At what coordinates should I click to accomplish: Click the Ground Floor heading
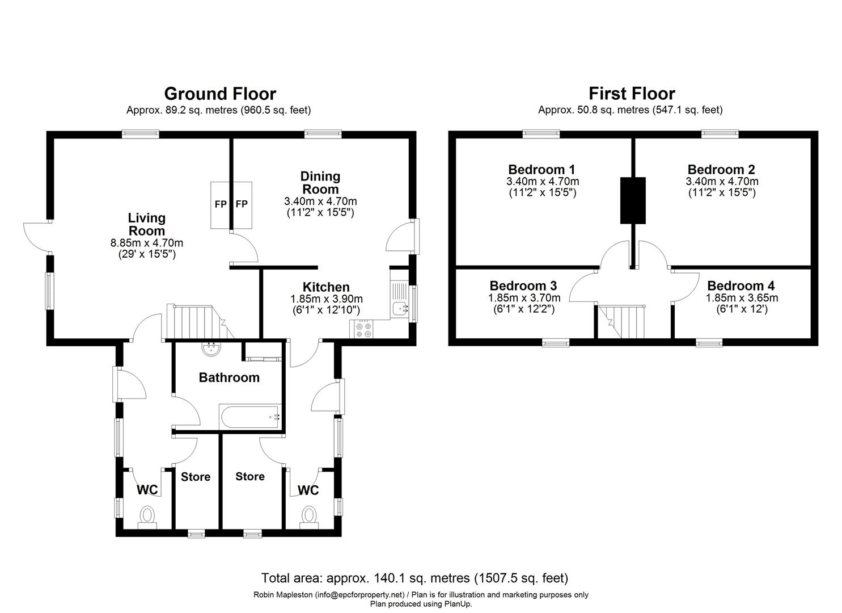(220, 94)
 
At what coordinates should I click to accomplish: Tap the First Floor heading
(632, 93)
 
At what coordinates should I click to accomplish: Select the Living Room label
(147, 224)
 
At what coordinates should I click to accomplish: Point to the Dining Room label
(320, 183)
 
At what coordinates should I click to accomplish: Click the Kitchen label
(326, 287)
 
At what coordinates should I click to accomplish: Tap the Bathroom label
(229, 377)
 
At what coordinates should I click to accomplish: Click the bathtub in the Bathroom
(250, 417)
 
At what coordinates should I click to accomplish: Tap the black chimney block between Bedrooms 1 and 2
(633, 200)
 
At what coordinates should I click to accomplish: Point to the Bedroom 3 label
(523, 286)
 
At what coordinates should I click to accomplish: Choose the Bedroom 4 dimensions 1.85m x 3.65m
(742, 298)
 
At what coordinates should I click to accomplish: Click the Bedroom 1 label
(541, 169)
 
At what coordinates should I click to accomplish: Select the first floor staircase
(622, 322)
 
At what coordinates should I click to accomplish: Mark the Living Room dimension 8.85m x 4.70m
(147, 243)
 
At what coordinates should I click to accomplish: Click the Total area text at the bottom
(414, 578)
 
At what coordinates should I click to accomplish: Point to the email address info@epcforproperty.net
(359, 595)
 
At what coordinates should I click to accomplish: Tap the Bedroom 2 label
(721, 169)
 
